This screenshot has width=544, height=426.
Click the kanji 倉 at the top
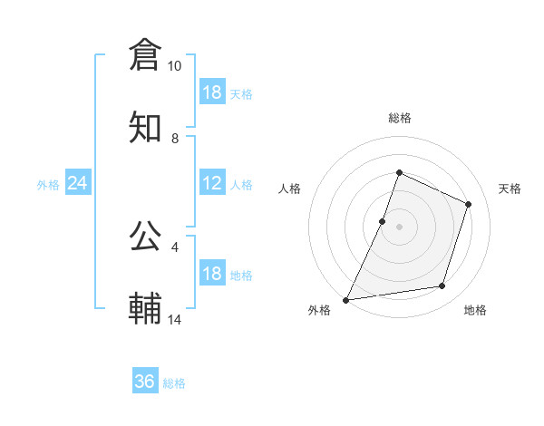(145, 54)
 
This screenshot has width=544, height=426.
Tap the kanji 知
(145, 128)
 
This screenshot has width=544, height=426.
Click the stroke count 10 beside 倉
(174, 66)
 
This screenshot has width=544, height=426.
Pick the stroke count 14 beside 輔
(174, 320)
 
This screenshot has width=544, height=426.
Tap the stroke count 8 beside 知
(175, 139)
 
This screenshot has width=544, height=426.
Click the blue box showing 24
(78, 183)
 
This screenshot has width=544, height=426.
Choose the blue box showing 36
(145, 382)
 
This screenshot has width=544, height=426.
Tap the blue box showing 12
(212, 183)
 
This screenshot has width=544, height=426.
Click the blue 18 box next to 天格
(212, 92)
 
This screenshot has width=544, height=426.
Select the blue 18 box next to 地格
(212, 274)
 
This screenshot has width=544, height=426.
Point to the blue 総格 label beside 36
(174, 383)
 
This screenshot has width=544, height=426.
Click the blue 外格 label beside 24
(48, 185)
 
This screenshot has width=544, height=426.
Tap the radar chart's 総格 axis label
(400, 118)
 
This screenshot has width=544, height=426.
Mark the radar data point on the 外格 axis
(346, 299)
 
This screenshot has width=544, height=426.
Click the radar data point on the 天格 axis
(469, 204)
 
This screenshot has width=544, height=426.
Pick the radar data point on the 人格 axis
(383, 221)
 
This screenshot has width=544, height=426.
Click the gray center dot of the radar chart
(400, 227)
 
